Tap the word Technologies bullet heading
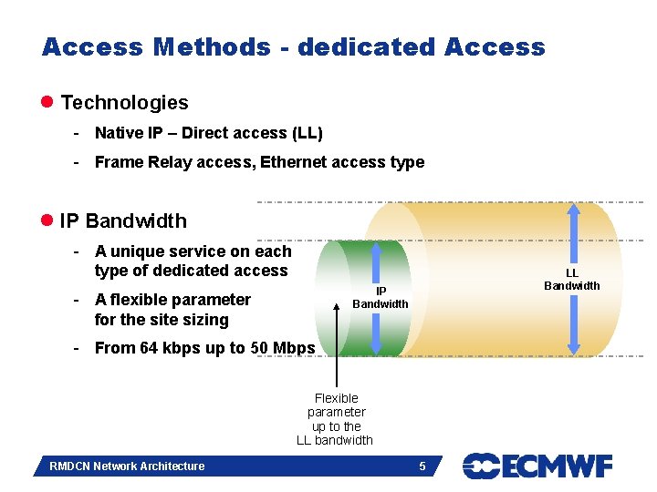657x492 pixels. (x=124, y=103)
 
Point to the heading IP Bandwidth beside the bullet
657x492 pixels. (x=122, y=221)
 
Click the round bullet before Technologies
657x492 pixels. (x=47, y=103)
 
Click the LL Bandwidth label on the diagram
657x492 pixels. (x=572, y=280)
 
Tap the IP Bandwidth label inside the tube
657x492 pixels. (x=381, y=298)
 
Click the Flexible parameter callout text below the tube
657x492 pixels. (x=335, y=419)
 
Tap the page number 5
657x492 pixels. (x=422, y=466)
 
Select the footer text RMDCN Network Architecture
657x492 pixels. (x=127, y=466)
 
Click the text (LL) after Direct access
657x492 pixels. (x=307, y=133)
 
